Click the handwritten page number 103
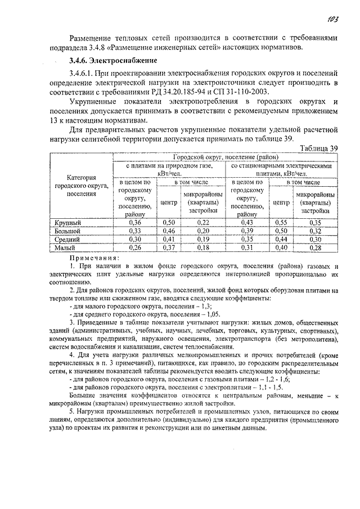click(x=331, y=20)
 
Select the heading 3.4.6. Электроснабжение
click(x=113, y=60)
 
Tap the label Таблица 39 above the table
click(x=319, y=148)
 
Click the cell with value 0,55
click(x=281, y=223)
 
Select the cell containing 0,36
click(x=135, y=223)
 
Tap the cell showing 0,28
click(x=315, y=247)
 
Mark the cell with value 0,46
click(x=169, y=231)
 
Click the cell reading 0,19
click(x=204, y=239)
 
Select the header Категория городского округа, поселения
click(x=80, y=186)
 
